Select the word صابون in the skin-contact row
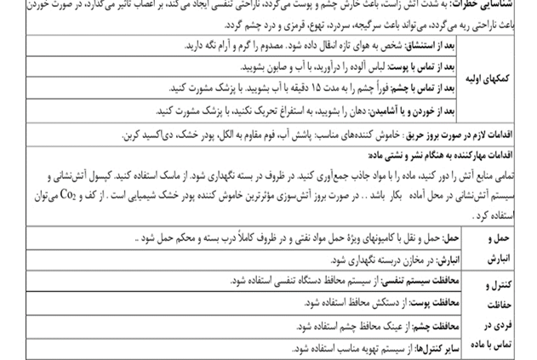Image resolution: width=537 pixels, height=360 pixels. pos(256,66)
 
